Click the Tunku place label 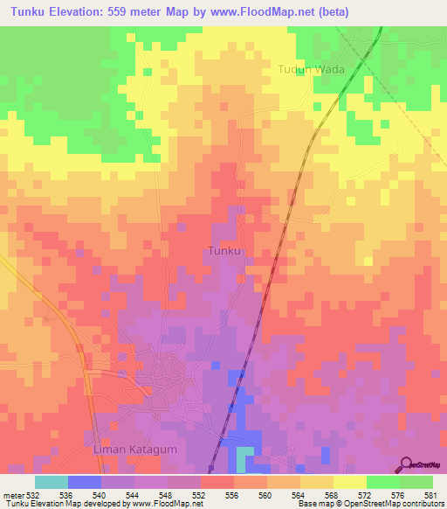pyautogui.click(x=224, y=251)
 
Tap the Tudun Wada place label pyautogui.click(x=312, y=69)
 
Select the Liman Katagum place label pyautogui.click(x=127, y=450)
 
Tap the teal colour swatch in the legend pyautogui.click(x=52, y=482)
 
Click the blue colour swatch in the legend pyautogui.click(x=85, y=482)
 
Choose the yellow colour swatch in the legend pyautogui.click(x=349, y=482)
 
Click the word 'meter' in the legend pyautogui.click(x=11, y=494)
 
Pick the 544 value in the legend pyautogui.click(x=134, y=494)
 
